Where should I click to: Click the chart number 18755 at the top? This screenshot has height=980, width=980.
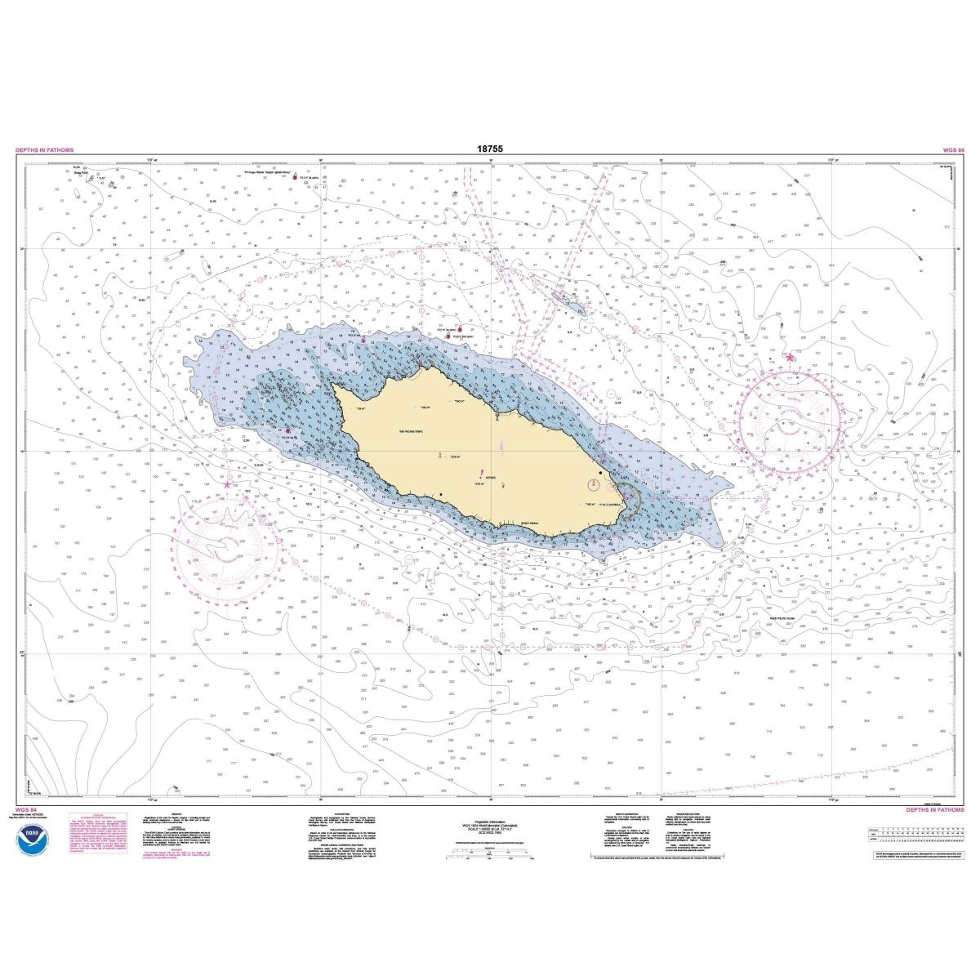489,149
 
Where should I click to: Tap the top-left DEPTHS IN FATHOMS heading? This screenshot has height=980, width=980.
44,150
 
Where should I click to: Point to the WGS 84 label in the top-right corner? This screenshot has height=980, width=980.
954,150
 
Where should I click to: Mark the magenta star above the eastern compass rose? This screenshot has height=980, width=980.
790,357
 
